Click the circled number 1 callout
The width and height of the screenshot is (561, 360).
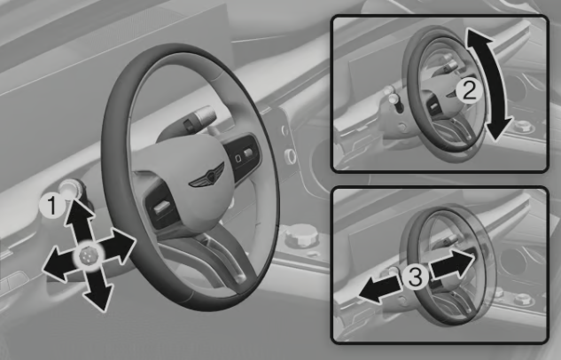tap(52, 206)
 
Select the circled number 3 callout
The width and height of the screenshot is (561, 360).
tap(415, 277)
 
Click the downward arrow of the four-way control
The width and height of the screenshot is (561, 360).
tap(96, 286)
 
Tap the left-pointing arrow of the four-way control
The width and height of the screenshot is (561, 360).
tap(60, 263)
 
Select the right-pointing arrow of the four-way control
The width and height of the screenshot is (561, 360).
tap(117, 247)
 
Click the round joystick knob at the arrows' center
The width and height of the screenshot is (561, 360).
tap(88, 256)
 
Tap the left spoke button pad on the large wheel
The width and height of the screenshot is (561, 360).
tap(161, 206)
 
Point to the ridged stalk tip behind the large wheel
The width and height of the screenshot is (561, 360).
tap(203, 114)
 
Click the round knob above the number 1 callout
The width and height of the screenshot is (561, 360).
tap(70, 189)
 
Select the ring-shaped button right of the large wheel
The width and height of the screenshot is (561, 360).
tap(290, 156)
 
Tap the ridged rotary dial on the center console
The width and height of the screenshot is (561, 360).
tap(301, 235)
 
